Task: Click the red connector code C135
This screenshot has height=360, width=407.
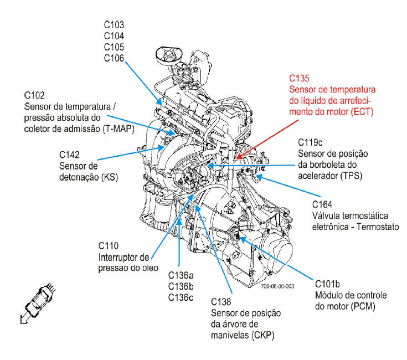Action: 299,78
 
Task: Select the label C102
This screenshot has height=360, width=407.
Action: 34,95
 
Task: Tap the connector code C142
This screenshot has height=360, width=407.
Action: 69,155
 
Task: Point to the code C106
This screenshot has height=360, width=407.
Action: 114,58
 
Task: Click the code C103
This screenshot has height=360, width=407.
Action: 114,25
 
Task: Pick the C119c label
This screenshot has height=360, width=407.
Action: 310,142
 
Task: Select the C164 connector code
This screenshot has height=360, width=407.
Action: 322,204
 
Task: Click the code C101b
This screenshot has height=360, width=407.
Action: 328,284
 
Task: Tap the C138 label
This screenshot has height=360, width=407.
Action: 221,302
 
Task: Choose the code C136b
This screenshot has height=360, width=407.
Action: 181,286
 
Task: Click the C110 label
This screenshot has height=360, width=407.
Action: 109,246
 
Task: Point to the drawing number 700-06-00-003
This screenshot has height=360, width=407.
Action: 277,286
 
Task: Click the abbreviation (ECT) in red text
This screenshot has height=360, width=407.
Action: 362,112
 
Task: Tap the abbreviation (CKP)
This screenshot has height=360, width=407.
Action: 262,335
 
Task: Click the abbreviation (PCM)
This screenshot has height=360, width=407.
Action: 363,306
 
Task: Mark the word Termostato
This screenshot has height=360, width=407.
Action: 378,227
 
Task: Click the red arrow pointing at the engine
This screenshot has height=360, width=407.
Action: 267,140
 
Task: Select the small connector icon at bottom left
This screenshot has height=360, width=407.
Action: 38,302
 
